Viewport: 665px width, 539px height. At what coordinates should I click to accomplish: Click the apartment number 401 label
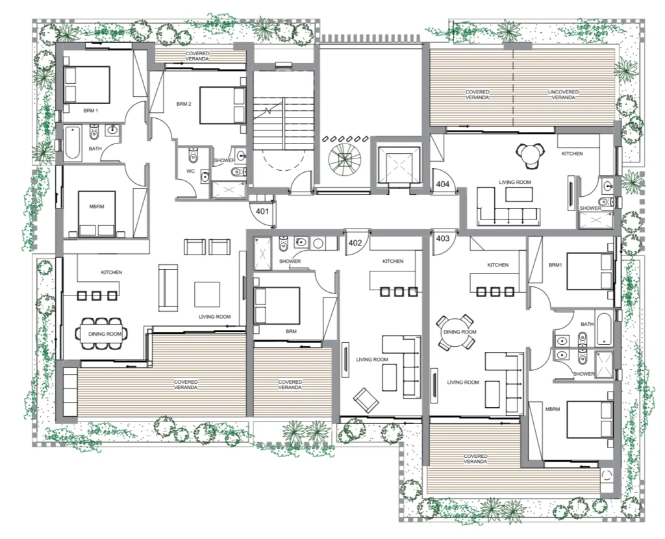pos(262,211)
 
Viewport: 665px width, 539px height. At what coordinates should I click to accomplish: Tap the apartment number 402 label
pos(355,243)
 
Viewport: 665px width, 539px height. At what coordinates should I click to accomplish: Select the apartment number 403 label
pos(442,238)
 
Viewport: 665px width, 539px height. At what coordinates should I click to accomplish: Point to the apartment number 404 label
pos(442,184)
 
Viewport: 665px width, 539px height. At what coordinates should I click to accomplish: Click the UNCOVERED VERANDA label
pos(563,95)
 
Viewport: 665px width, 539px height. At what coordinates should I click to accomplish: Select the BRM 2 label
pos(184,104)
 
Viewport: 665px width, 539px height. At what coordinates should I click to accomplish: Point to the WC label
pos(190,171)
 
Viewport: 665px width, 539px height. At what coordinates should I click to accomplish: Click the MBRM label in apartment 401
pos(97,207)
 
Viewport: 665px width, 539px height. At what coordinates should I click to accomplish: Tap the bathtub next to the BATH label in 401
pos(73,142)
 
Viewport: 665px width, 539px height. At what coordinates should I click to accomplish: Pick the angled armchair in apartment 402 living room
pos(366,400)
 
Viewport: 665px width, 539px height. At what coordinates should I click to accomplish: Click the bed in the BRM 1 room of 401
pos(87,84)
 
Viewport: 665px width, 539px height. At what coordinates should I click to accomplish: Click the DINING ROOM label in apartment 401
pos(105,334)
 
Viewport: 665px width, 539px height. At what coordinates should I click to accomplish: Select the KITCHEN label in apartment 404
pos(572,153)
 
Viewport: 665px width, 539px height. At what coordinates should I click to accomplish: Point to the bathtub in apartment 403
pos(604,329)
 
